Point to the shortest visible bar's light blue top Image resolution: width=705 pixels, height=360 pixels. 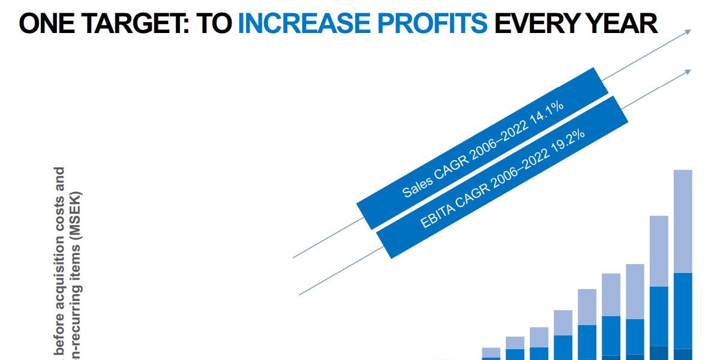[x=491, y=352]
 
